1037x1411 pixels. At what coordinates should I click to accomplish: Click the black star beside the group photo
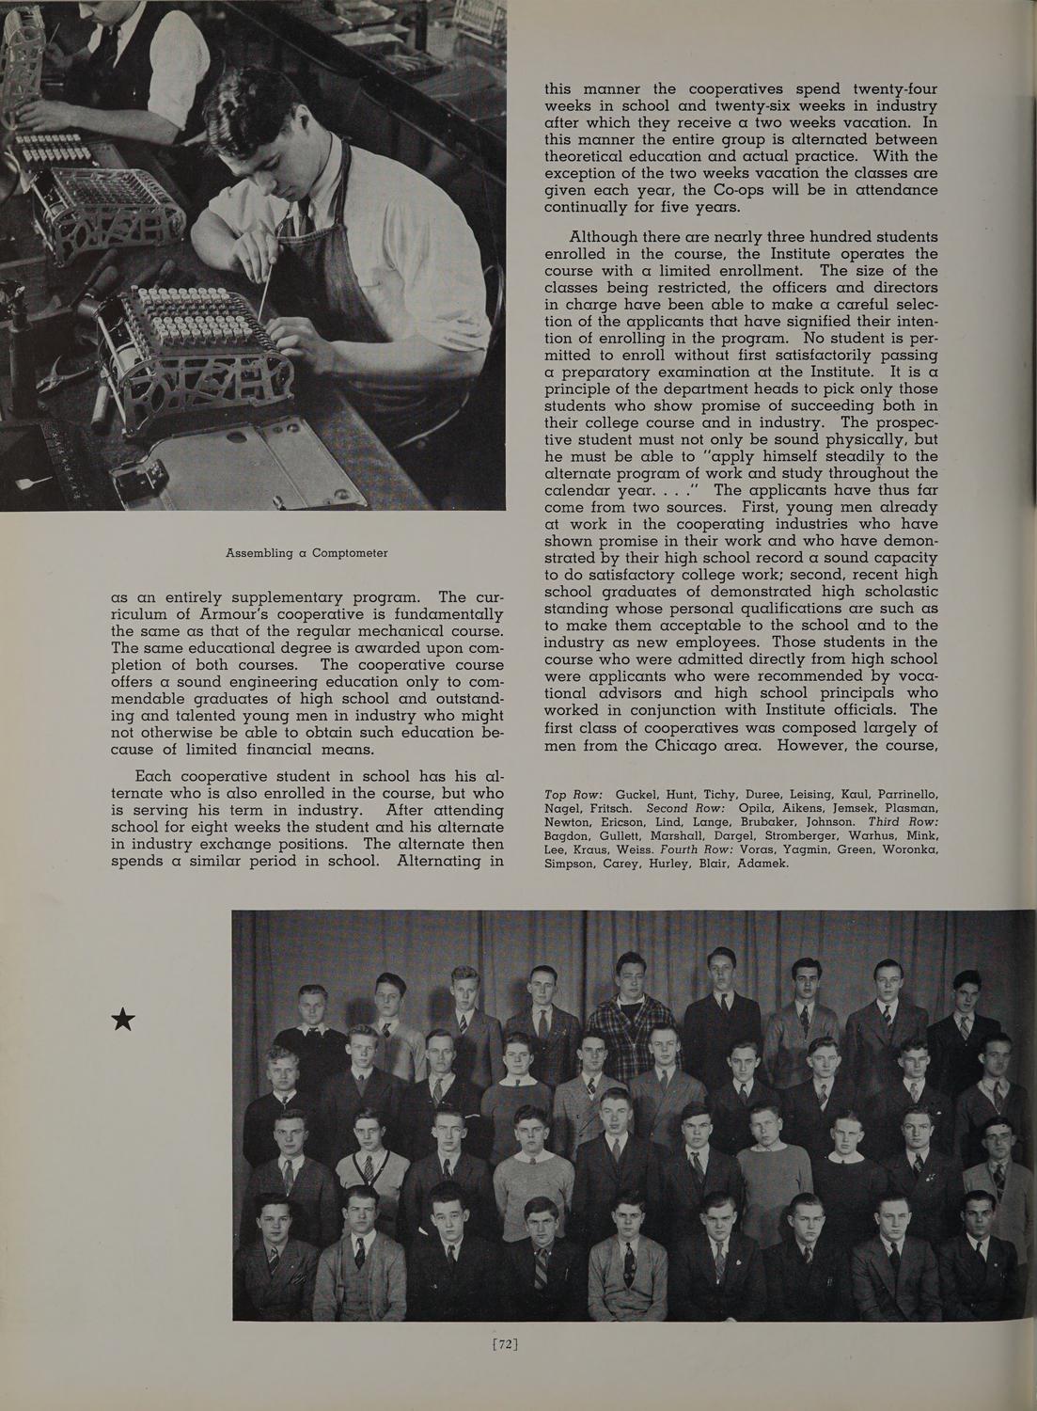tap(123, 1019)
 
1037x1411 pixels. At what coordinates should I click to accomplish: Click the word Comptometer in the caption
tap(343, 553)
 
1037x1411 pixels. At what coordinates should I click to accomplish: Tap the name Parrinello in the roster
tap(906, 797)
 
